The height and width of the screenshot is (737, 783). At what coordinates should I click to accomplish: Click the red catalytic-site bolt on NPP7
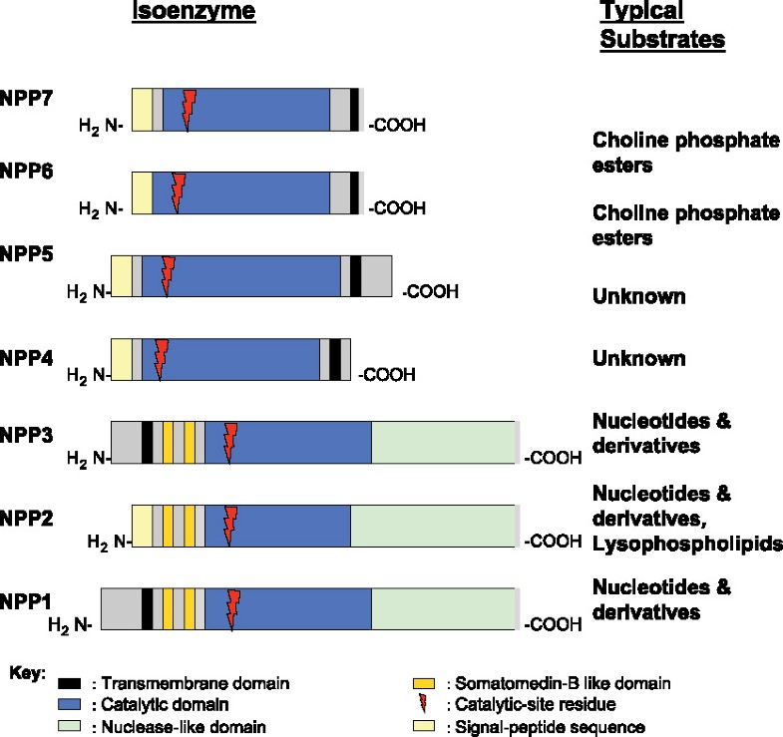189,109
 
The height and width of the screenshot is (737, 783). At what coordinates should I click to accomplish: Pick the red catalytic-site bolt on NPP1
233,608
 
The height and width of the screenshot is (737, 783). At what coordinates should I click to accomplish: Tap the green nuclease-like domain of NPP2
434,525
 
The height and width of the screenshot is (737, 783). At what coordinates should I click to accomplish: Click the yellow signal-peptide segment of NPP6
142,191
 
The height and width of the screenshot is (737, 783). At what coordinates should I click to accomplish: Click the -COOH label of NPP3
551,458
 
